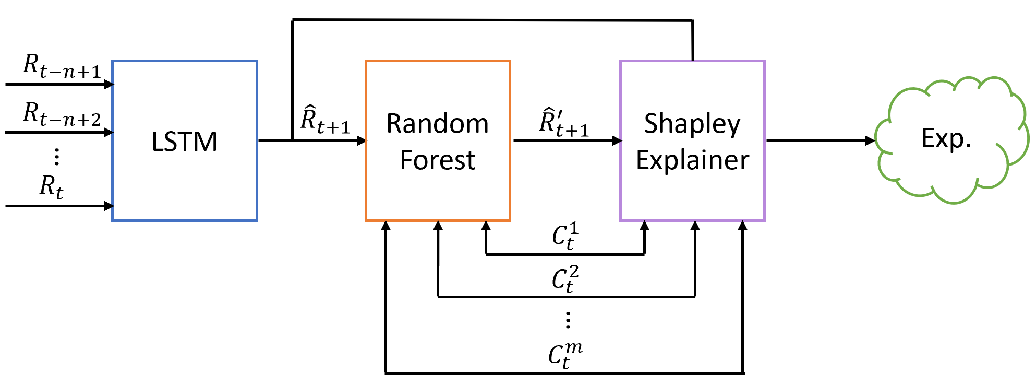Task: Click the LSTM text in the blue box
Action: pyautogui.click(x=184, y=142)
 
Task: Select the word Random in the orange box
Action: pyautogui.click(x=437, y=124)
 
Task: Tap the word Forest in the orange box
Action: pyautogui.click(x=437, y=160)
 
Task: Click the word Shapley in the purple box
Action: pyautogui.click(x=692, y=124)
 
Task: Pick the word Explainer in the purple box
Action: pyautogui.click(x=692, y=160)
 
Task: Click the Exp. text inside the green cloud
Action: pyautogui.click(x=946, y=138)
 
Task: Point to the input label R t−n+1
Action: pyautogui.click(x=62, y=67)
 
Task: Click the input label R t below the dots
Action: pyautogui.click(x=51, y=187)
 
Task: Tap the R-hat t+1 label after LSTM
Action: pyautogui.click(x=325, y=120)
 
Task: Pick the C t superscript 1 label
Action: pyautogui.click(x=565, y=236)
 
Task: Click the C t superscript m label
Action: pyautogui.click(x=565, y=355)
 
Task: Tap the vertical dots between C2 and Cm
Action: pyautogui.click(x=568, y=320)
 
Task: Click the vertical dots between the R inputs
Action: pyautogui.click(x=57, y=156)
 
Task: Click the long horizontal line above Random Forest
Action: pyautogui.click(x=490, y=20)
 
